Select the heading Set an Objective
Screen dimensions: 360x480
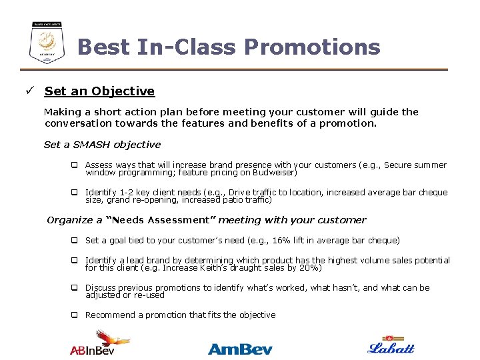coord(99,91)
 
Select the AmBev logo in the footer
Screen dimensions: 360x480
coord(240,348)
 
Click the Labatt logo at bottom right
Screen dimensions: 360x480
coord(391,345)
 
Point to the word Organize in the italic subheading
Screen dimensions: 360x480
coord(71,220)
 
